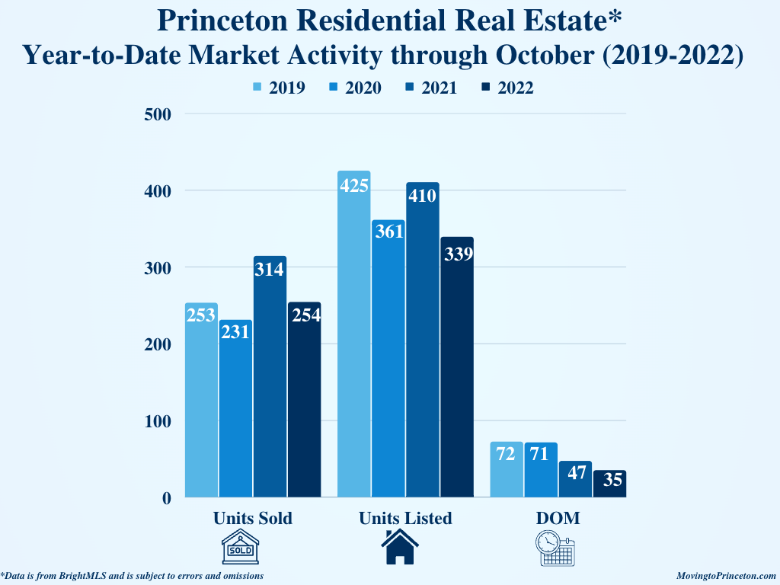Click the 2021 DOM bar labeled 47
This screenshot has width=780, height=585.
[x=575, y=479]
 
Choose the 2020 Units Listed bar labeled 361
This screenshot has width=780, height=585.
[x=388, y=358]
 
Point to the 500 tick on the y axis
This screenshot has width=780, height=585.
[x=156, y=114]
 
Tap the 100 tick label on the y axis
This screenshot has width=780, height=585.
[x=156, y=420]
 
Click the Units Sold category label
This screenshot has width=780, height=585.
[x=253, y=518]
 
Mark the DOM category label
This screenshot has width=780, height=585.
[x=558, y=518]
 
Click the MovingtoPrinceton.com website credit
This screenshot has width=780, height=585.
[x=726, y=576]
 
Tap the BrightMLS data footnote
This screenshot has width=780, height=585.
[x=133, y=576]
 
